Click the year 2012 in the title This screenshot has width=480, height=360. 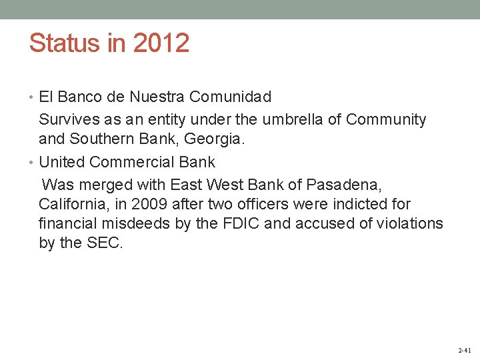[x=161, y=43]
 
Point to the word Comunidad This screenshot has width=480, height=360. [x=231, y=97]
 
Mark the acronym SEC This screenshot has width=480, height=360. [x=105, y=243]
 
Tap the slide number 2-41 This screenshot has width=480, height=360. [x=465, y=350]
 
